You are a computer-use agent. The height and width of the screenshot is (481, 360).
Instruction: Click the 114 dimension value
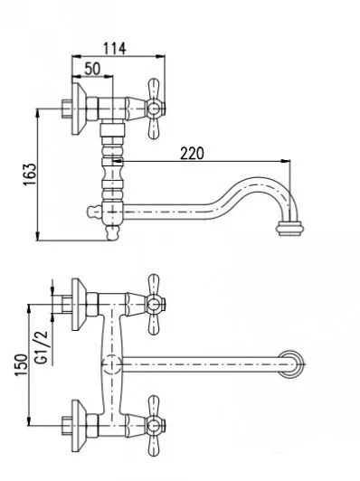coord(114,49)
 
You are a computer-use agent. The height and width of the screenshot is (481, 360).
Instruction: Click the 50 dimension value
coord(92,69)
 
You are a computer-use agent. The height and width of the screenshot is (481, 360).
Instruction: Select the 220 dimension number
coord(192,154)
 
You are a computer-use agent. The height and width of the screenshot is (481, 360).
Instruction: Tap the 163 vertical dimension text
coord(30,174)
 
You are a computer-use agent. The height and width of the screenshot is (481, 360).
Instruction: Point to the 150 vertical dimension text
coord(21,365)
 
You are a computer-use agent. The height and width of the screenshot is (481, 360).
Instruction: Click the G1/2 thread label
coord(41,347)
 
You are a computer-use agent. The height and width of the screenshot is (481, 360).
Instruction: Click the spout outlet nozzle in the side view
coord(290,229)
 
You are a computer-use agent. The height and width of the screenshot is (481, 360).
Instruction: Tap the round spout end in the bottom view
coord(291,364)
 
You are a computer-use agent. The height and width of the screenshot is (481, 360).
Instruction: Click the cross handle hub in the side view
coord(154,108)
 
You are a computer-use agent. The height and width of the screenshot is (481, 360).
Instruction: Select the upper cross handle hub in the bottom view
coord(155,305)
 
